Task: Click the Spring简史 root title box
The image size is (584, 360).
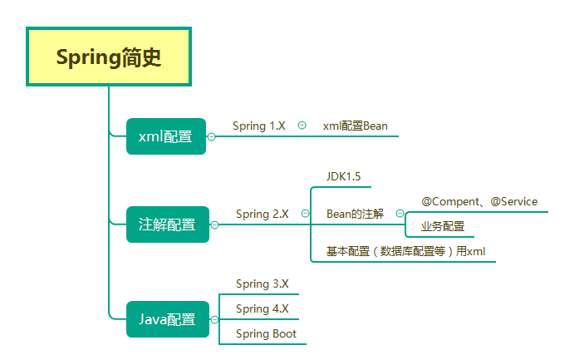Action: [109, 57]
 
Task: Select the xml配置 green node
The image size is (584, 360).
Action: [165, 136]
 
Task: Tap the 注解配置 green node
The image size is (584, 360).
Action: [167, 224]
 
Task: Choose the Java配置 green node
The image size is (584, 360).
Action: [167, 319]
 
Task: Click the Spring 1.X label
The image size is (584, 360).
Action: [258, 126]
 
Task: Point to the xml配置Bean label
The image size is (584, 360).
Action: [355, 126]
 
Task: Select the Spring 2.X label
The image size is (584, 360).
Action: [262, 214]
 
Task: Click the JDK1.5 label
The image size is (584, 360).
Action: [343, 176]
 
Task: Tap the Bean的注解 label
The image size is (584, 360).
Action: [355, 214]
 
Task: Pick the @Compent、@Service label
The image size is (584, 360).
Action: [479, 201]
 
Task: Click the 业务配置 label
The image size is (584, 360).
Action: [442, 226]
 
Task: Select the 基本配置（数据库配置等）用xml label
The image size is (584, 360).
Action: [405, 251]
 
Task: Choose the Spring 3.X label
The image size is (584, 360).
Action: [262, 284]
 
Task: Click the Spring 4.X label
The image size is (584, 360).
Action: [262, 308]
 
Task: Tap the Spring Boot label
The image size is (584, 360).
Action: [266, 333]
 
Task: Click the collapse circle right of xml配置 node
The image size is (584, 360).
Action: [212, 136]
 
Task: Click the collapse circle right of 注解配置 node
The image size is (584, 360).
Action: [215, 224]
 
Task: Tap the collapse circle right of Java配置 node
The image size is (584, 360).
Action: [215, 319]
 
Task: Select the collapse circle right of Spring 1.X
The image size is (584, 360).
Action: [302, 126]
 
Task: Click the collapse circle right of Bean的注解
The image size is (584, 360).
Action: [399, 214]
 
